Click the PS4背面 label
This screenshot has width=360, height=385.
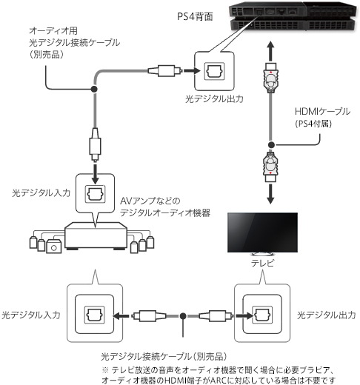pyautogui.click(x=195, y=16)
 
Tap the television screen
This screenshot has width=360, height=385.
pyautogui.click(x=262, y=232)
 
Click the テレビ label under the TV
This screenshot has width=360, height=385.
pyautogui.click(x=262, y=263)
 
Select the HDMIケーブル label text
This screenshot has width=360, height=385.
pyautogui.click(x=322, y=112)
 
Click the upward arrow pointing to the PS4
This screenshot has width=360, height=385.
pyautogui.click(x=271, y=51)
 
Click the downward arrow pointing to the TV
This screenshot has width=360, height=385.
pyautogui.click(x=270, y=194)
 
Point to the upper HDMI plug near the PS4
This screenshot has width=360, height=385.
pyautogui.click(x=271, y=78)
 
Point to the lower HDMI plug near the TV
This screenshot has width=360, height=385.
pyautogui.click(x=270, y=167)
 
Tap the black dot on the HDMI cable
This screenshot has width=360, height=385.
pyautogui.click(x=271, y=145)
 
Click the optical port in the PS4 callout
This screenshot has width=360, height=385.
pyautogui.click(x=214, y=71)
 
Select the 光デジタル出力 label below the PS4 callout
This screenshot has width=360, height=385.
pyautogui.click(x=214, y=99)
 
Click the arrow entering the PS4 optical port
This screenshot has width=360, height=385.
pyautogui.click(x=192, y=71)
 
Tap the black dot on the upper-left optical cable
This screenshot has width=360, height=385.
pyautogui.click(x=94, y=89)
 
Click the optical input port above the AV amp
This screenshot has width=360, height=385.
pyautogui.click(x=95, y=194)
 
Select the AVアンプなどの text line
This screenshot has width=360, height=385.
pyautogui.click(x=150, y=201)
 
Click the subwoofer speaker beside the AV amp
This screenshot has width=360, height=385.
pyautogui.click(x=53, y=246)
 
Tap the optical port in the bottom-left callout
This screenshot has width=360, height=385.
pyautogui.click(x=95, y=315)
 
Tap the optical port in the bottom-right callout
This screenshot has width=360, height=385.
pyautogui.click(x=262, y=315)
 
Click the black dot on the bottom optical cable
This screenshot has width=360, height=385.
pyautogui.click(x=183, y=315)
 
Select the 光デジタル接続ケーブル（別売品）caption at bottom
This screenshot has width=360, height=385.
pyautogui.click(x=164, y=357)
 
